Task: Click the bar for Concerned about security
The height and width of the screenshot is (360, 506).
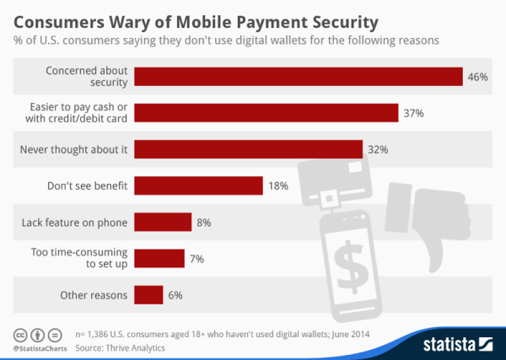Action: point(298,76)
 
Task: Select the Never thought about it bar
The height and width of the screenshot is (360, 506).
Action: point(248,149)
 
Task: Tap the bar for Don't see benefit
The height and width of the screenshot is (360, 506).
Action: point(198,185)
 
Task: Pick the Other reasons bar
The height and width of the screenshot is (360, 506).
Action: point(148,295)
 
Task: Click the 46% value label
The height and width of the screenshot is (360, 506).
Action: point(477,77)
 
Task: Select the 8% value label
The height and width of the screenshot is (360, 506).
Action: point(202,223)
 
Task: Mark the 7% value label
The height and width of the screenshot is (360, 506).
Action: point(196,259)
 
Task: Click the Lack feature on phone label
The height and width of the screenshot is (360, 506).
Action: point(74,223)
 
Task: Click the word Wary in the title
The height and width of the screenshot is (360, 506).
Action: point(140,18)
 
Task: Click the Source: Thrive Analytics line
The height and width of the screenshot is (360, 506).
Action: point(120,347)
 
